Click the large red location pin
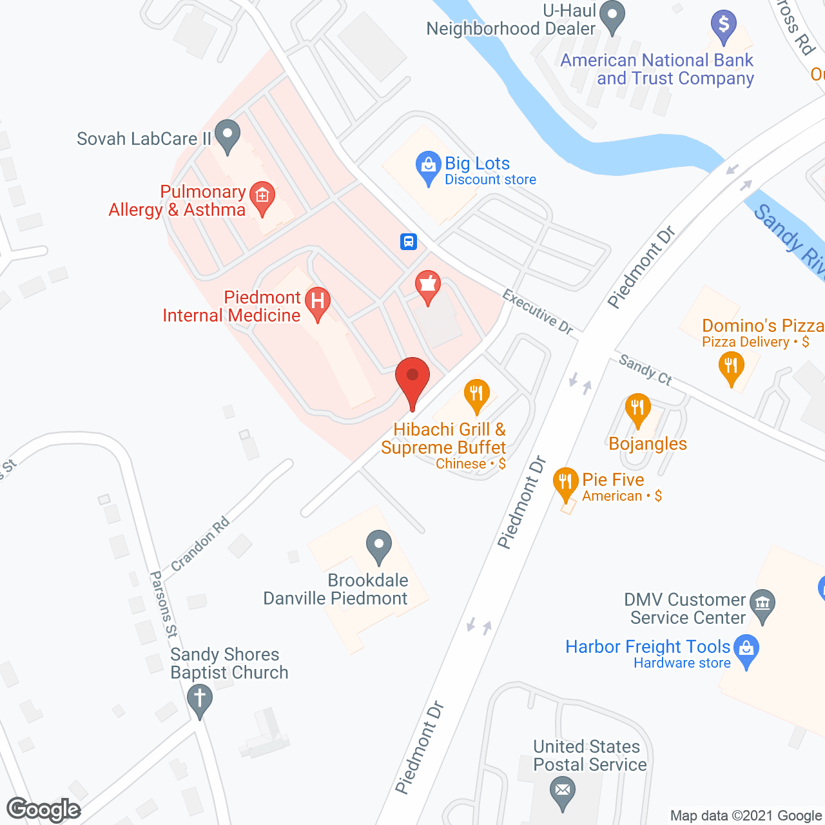(412, 380)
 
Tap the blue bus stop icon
(408, 242)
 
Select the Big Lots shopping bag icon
(428, 166)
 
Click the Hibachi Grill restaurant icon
(476, 394)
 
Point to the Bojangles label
(648, 444)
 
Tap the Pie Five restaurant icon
(565, 483)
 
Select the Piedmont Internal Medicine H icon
(317, 302)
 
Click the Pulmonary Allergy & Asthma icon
(262, 196)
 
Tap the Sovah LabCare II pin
(227, 135)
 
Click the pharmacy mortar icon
(427, 286)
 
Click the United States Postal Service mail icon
(563, 791)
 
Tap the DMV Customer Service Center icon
(762, 604)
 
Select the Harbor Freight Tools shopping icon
(746, 650)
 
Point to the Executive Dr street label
(538, 313)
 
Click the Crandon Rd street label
(200, 544)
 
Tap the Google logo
(44, 810)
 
